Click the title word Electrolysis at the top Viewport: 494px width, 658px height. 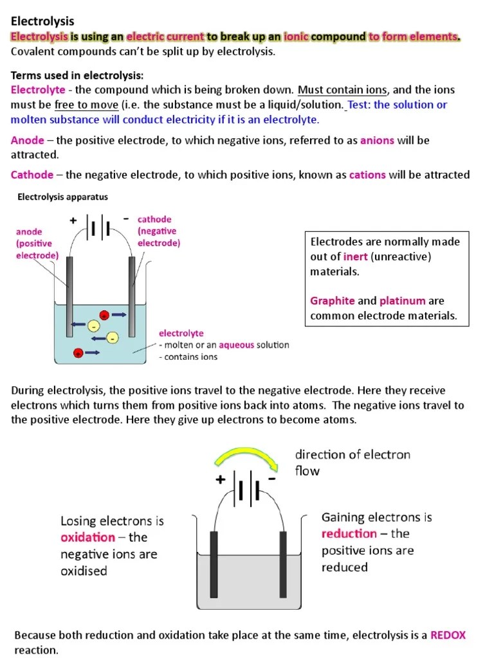pyautogui.click(x=42, y=22)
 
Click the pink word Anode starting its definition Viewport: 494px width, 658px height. pyautogui.click(x=28, y=140)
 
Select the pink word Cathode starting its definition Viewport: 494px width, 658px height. pyautogui.click(x=32, y=175)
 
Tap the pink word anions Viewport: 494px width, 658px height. pyautogui.click(x=377, y=140)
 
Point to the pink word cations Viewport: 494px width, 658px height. pyautogui.click(x=367, y=175)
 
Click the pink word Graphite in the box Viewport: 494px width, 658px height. pyautogui.click(x=333, y=301)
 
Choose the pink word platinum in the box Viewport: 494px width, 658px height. pyautogui.click(x=403, y=301)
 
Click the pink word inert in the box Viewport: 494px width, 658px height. pyautogui.click(x=356, y=257)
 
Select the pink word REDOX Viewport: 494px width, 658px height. pyautogui.click(x=448, y=635)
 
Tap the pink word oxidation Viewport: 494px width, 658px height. pyautogui.click(x=88, y=537)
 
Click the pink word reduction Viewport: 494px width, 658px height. pyautogui.click(x=349, y=533)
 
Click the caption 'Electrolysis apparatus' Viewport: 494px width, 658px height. pyautogui.click(x=62, y=197)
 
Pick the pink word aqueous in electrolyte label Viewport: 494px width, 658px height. pyautogui.click(x=239, y=345)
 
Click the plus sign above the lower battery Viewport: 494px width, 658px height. pyautogui.click(x=221, y=479)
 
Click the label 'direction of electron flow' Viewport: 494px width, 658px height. pyautogui.click(x=352, y=463)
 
